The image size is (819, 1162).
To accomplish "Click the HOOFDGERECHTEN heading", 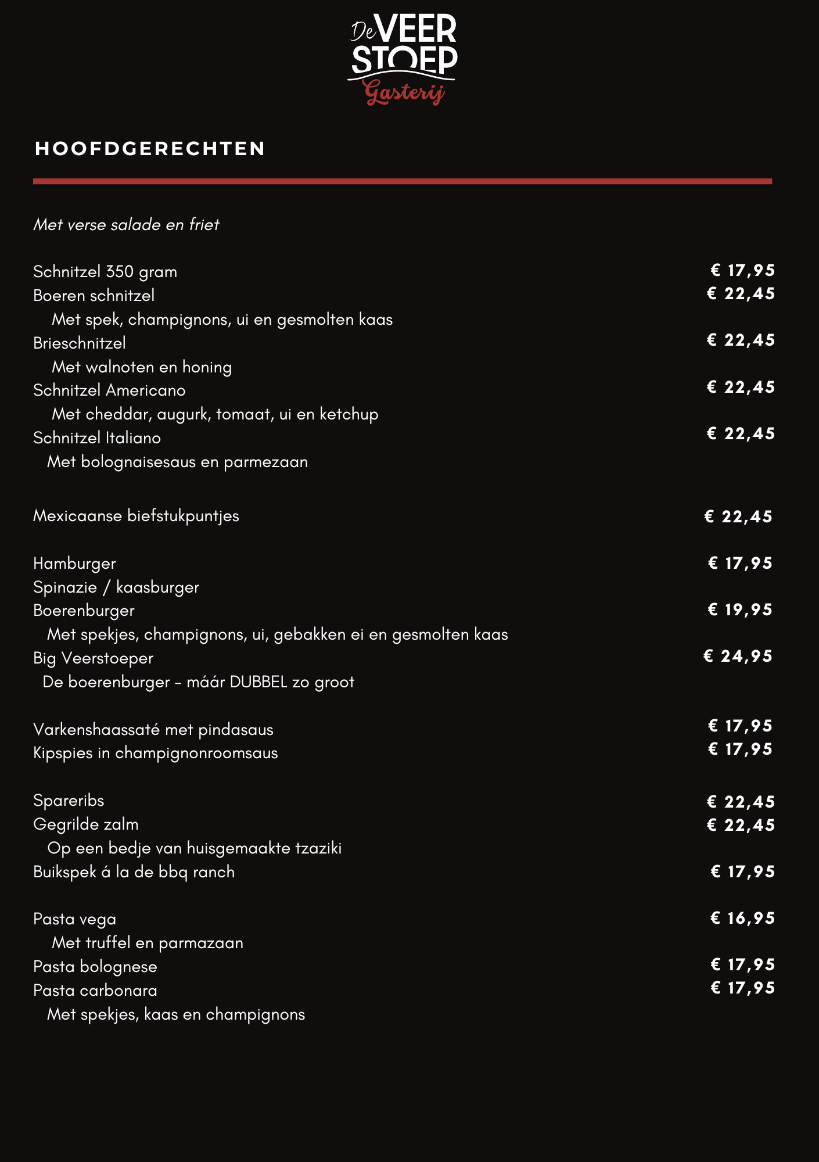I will pos(150,149).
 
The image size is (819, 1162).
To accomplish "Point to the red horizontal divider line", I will pos(402,181).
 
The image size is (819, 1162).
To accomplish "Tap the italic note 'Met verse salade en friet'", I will pos(126,225).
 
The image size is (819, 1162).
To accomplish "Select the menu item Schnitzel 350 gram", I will pos(105,272).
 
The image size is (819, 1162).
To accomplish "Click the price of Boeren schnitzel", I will pos(741,294).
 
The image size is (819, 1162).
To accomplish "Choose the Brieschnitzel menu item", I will pos(80,343).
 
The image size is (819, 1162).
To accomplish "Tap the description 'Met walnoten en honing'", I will pos(142,367).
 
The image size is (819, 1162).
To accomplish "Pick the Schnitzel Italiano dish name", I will pos(97,438).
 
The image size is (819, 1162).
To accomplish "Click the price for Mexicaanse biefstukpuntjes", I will pos(738,517).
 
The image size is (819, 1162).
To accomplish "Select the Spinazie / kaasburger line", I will pos(116,587).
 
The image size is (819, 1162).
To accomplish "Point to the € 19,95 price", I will pos(740,609).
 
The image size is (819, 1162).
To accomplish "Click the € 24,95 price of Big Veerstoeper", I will pos(738,657).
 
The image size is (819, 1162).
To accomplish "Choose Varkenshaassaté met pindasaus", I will pos(153,730).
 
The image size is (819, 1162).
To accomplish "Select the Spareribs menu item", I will pos(69,801).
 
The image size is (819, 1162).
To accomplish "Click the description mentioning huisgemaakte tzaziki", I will pos(195,848).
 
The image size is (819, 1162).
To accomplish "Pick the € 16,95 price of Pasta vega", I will pos(742,918).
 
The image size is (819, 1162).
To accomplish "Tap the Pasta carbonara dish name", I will pos(95,991).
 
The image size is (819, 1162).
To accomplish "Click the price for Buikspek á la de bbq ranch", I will pos(742,871).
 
